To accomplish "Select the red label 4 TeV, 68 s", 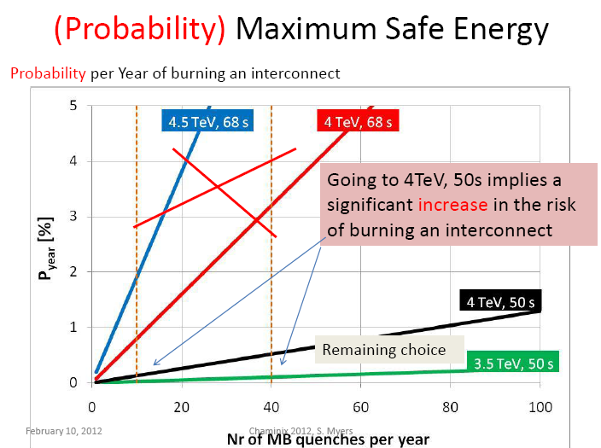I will click(x=356, y=121).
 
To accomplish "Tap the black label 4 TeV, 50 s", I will click(x=500, y=300).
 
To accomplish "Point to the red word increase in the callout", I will click(x=453, y=207).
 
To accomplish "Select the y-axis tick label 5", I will click(x=74, y=106).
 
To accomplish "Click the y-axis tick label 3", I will click(x=74, y=217).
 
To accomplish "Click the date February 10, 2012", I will click(x=64, y=430).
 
